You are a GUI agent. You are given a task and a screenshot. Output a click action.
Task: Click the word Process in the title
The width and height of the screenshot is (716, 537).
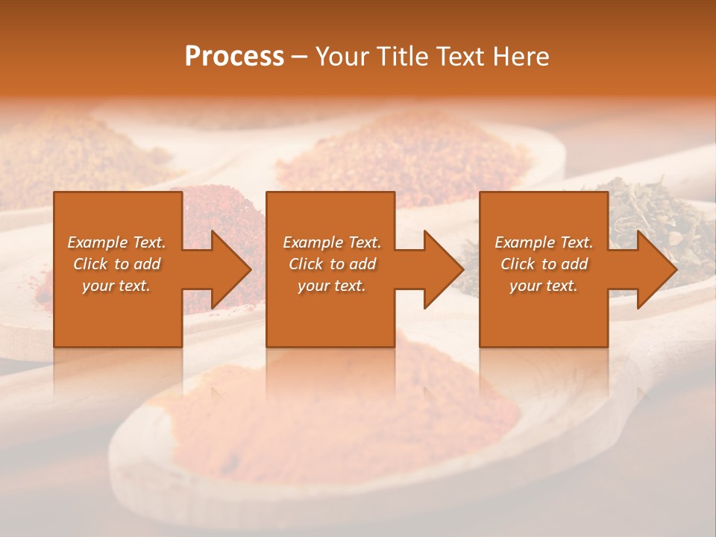[x=234, y=57]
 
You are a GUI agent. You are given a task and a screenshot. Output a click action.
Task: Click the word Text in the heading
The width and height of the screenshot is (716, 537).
[x=461, y=57]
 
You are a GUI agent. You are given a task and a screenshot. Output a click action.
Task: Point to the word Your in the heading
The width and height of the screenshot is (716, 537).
[x=342, y=57]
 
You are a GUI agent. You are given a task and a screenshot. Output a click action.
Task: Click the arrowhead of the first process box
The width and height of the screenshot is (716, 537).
[x=227, y=269]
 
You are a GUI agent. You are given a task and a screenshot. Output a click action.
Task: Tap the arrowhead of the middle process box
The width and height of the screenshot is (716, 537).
[x=440, y=269]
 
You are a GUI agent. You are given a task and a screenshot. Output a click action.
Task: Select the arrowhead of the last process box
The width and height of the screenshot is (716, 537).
[x=653, y=269]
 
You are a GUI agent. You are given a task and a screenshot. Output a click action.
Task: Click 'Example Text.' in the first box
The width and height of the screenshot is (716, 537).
[x=116, y=242]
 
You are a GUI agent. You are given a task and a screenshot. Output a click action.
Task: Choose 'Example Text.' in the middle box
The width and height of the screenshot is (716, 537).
[x=332, y=242]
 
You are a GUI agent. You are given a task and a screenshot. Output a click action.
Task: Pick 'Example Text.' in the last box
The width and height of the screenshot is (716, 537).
[x=544, y=242]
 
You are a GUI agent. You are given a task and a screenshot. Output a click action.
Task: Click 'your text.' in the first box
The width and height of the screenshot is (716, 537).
[x=116, y=286]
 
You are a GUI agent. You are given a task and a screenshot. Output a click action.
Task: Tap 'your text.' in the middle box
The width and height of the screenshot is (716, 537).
[x=332, y=286]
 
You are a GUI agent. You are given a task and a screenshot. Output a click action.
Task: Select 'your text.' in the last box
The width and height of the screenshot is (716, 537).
[x=544, y=286]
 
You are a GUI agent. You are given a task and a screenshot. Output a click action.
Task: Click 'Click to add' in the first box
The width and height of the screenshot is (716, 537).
[x=116, y=264]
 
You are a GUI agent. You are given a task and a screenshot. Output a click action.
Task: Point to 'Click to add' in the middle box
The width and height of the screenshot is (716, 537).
[x=332, y=264]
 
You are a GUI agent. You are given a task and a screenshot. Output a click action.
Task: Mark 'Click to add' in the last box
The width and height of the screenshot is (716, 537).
[x=544, y=264]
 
